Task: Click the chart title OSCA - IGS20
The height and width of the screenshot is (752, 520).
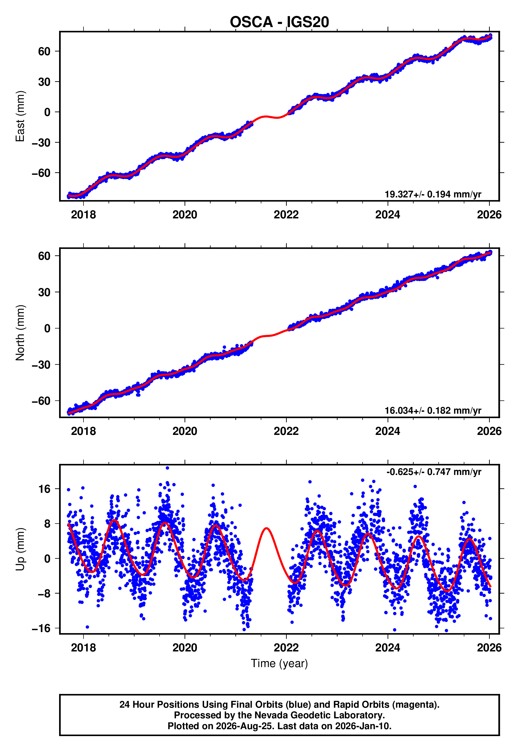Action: click(x=279, y=22)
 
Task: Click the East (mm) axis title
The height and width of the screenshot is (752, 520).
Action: click(x=20, y=116)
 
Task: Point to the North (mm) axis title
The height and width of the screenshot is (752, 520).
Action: click(x=20, y=333)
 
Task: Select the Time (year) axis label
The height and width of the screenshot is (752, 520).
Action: click(x=279, y=664)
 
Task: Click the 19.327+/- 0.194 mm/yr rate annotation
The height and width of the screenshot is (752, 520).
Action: click(x=433, y=194)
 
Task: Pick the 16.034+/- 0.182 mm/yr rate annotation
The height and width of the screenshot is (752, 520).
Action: click(x=433, y=410)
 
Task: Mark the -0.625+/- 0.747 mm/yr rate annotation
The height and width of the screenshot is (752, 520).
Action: click(x=434, y=472)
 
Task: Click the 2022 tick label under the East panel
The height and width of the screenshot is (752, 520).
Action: click(x=286, y=215)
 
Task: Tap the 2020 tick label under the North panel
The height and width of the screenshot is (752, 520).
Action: click(x=185, y=431)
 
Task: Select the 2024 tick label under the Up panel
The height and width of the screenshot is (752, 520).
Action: click(x=388, y=648)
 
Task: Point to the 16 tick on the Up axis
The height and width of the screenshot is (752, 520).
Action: click(x=44, y=489)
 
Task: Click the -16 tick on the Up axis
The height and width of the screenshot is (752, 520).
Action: click(x=41, y=628)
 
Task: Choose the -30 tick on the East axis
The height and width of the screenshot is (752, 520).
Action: click(x=41, y=142)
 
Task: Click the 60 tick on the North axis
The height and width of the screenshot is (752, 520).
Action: click(x=44, y=256)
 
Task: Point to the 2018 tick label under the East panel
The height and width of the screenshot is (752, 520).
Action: click(x=83, y=215)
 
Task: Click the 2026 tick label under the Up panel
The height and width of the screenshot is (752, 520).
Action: click(x=489, y=648)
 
